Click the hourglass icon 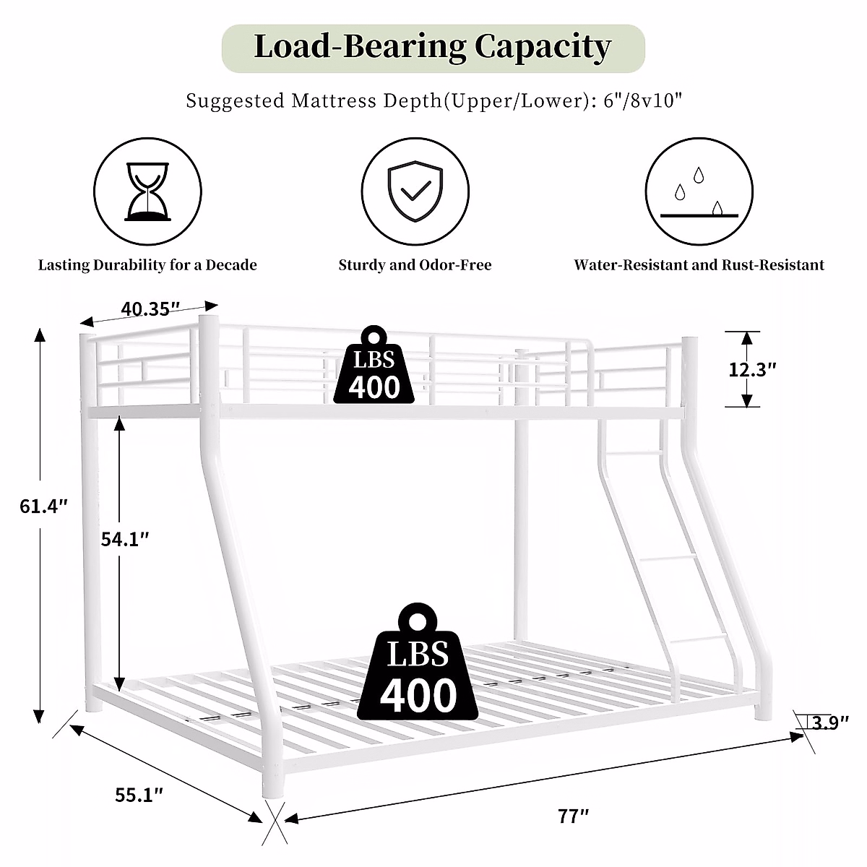[148, 191]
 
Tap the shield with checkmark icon [415, 191]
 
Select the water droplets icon [699, 191]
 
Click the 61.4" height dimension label [44, 506]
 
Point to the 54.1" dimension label [126, 538]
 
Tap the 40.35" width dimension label [150, 309]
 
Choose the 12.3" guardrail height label [753, 369]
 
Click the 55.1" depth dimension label [139, 795]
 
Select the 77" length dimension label [574, 816]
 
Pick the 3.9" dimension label [829, 722]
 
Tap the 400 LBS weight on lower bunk [418, 665]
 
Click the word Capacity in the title [543, 47]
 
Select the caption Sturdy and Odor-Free [415, 265]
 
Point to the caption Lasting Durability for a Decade [147, 265]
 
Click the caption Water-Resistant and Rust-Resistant [699, 265]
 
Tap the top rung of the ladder [634, 452]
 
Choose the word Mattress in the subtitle [327, 100]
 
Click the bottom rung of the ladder [699, 639]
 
